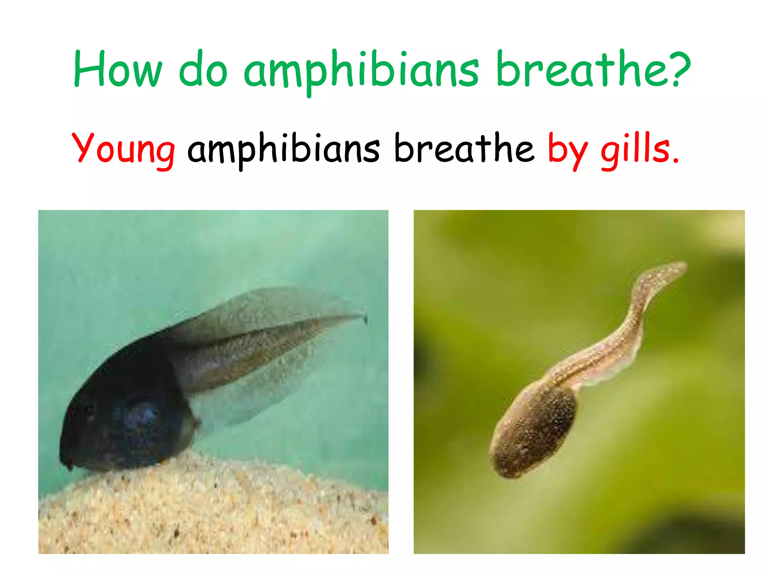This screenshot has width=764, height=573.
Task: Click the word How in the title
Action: coord(118,69)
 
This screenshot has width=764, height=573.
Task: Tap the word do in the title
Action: coord(203,69)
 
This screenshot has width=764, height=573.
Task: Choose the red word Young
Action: coord(123,149)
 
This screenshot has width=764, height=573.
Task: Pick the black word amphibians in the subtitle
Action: coord(284,149)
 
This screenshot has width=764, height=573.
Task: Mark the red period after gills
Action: coord(676,161)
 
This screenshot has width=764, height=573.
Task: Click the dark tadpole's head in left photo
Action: coord(112,418)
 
